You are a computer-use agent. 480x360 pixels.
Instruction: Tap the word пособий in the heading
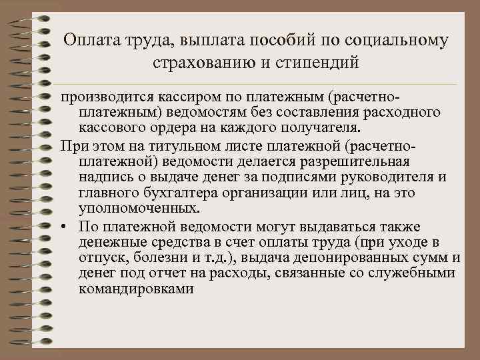pyautogui.click(x=281, y=41)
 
